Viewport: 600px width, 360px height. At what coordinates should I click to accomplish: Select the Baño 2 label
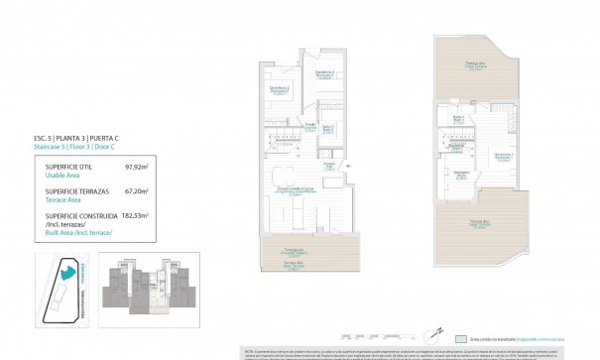(326, 128)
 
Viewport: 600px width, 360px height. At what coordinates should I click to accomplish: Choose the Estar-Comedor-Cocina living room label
(295, 191)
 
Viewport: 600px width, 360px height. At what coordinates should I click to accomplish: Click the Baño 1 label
(458, 119)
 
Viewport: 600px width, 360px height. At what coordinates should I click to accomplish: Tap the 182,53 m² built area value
(134, 214)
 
